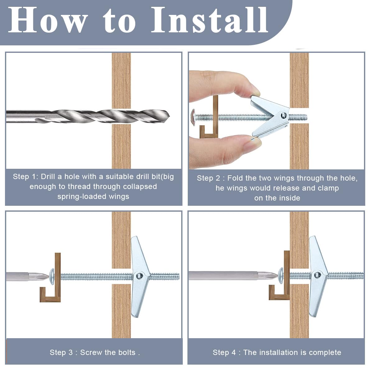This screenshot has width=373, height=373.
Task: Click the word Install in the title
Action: [210, 20]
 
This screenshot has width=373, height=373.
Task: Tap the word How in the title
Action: [48, 20]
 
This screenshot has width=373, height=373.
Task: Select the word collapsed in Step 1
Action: [140, 186]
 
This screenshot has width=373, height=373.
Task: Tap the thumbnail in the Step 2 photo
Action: [253, 143]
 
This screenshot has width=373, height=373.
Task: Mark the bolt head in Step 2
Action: [193, 117]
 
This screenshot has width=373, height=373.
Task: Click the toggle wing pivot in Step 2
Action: [283, 116]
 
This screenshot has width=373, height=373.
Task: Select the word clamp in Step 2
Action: [328, 188]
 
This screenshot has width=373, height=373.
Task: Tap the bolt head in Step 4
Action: [281, 275]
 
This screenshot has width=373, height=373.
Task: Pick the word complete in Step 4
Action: [325, 353]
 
